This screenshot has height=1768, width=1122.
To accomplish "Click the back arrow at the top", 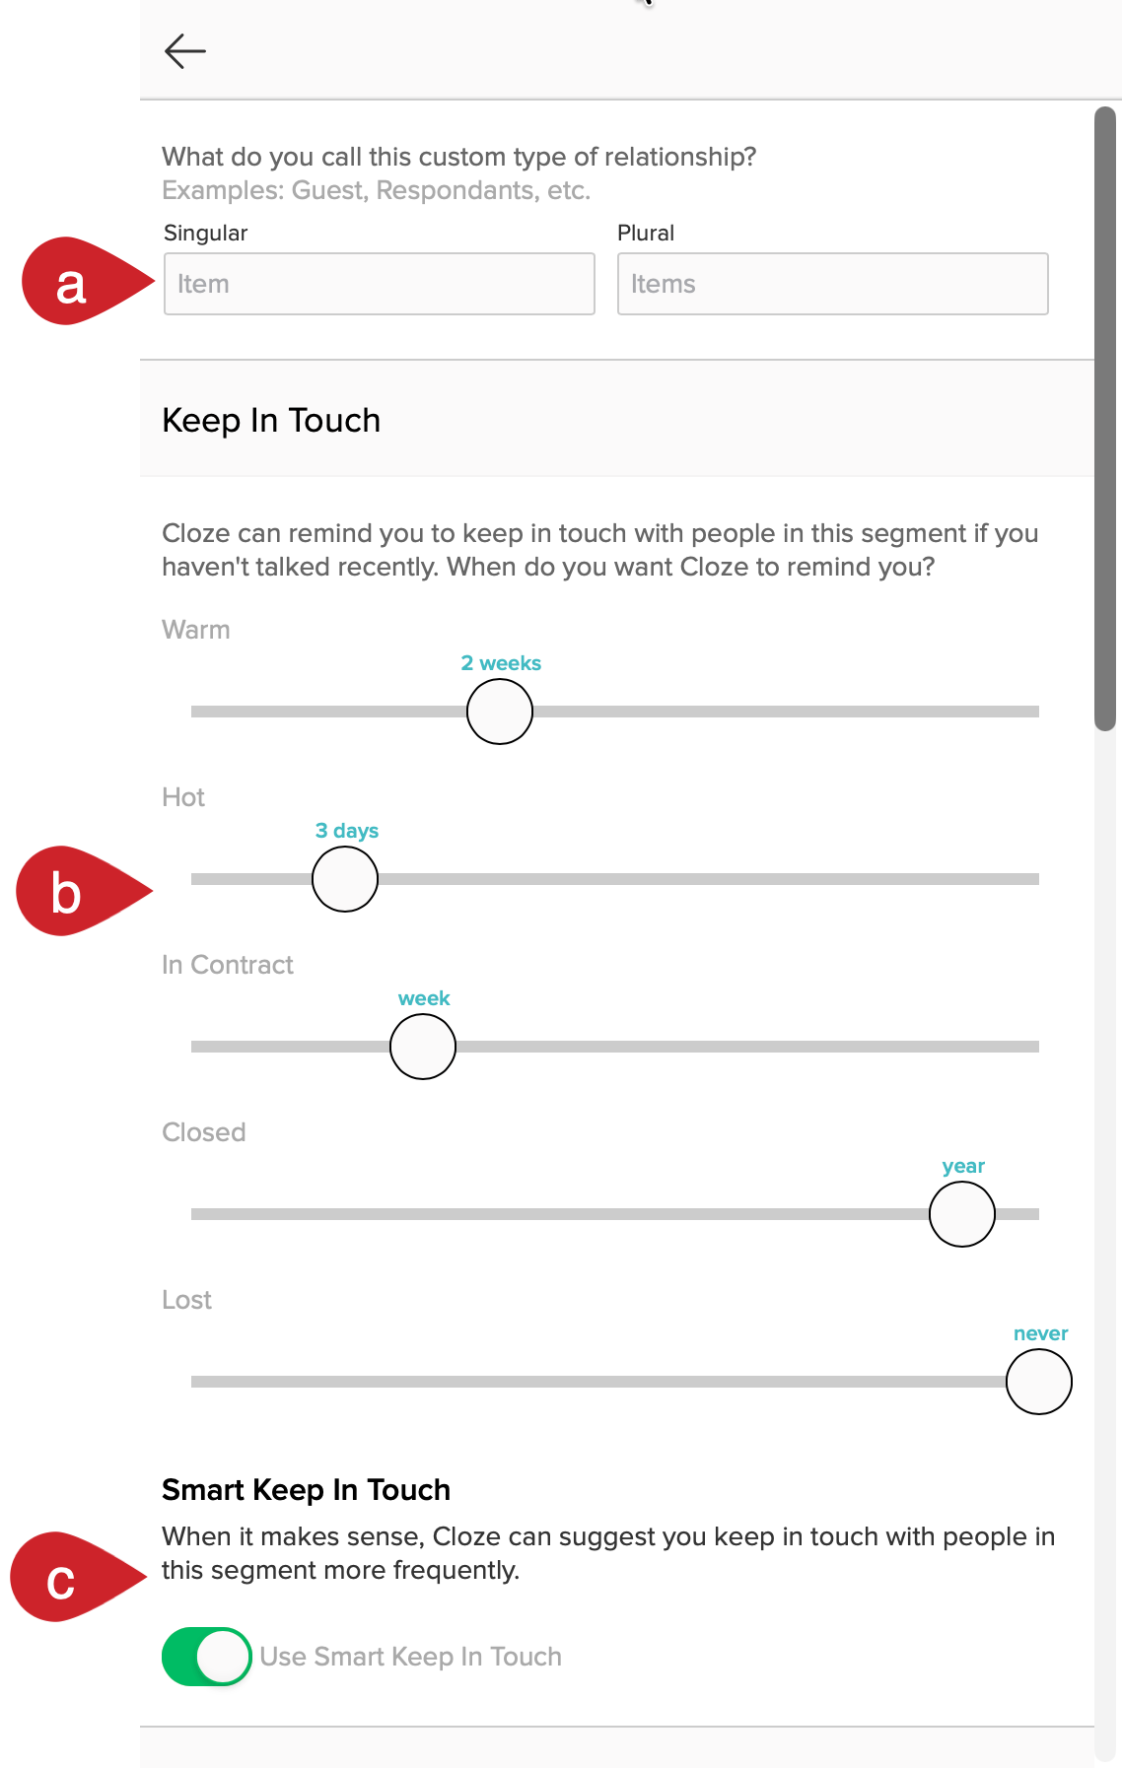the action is coord(185,51).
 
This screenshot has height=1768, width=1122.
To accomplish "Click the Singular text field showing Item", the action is coord(380,284).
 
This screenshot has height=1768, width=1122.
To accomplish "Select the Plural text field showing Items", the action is coord(833,284).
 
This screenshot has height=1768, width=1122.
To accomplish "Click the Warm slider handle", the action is coord(500,712).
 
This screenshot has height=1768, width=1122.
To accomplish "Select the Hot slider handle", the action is coord(345,879).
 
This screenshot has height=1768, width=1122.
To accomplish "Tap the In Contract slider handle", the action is coord(423,1047).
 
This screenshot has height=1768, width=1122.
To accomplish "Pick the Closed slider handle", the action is coord(962,1214).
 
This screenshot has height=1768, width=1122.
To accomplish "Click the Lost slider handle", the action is coord(1039,1382).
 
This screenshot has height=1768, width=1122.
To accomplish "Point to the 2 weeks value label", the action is coord(501,663).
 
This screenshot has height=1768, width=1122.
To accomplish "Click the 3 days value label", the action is coord(347,831).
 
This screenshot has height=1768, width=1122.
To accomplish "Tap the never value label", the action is coord(1041,1333).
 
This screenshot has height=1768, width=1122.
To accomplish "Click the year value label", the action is coord(963,1167).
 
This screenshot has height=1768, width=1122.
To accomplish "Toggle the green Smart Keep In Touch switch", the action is coord(207,1657).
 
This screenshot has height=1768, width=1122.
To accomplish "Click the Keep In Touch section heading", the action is coord(271,421).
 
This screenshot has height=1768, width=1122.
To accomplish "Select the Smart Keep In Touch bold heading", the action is coord(306,1490).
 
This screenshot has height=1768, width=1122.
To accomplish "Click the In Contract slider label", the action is coord(228,965).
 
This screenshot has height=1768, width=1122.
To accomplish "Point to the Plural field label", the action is coord(646,233).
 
